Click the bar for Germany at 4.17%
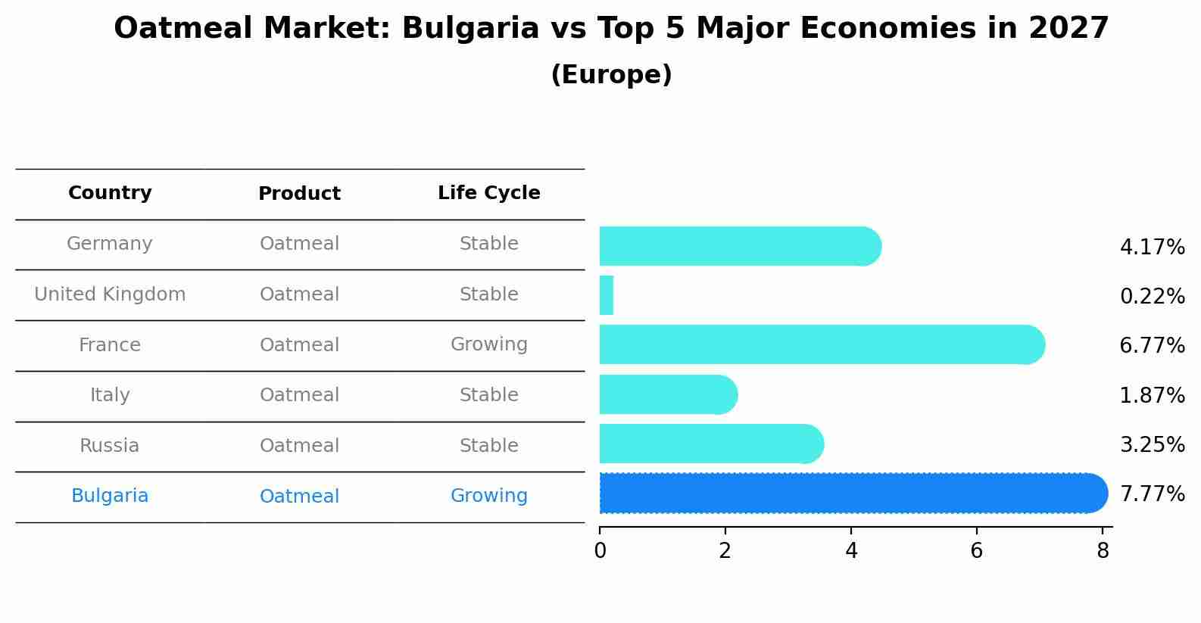(738, 246)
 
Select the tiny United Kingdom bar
(607, 295)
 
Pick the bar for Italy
(667, 394)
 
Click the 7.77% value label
(1152, 494)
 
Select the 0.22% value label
(1152, 297)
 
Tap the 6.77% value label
(1152, 346)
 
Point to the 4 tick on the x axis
(851, 550)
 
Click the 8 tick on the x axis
(1103, 550)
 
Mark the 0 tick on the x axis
(600, 550)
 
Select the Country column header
(110, 193)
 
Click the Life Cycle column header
(488, 193)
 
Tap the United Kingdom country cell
(110, 294)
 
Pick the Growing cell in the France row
(488, 344)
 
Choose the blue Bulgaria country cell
(110, 496)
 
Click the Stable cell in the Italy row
(488, 395)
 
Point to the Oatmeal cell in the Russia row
(299, 446)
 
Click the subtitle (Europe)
(611, 75)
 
